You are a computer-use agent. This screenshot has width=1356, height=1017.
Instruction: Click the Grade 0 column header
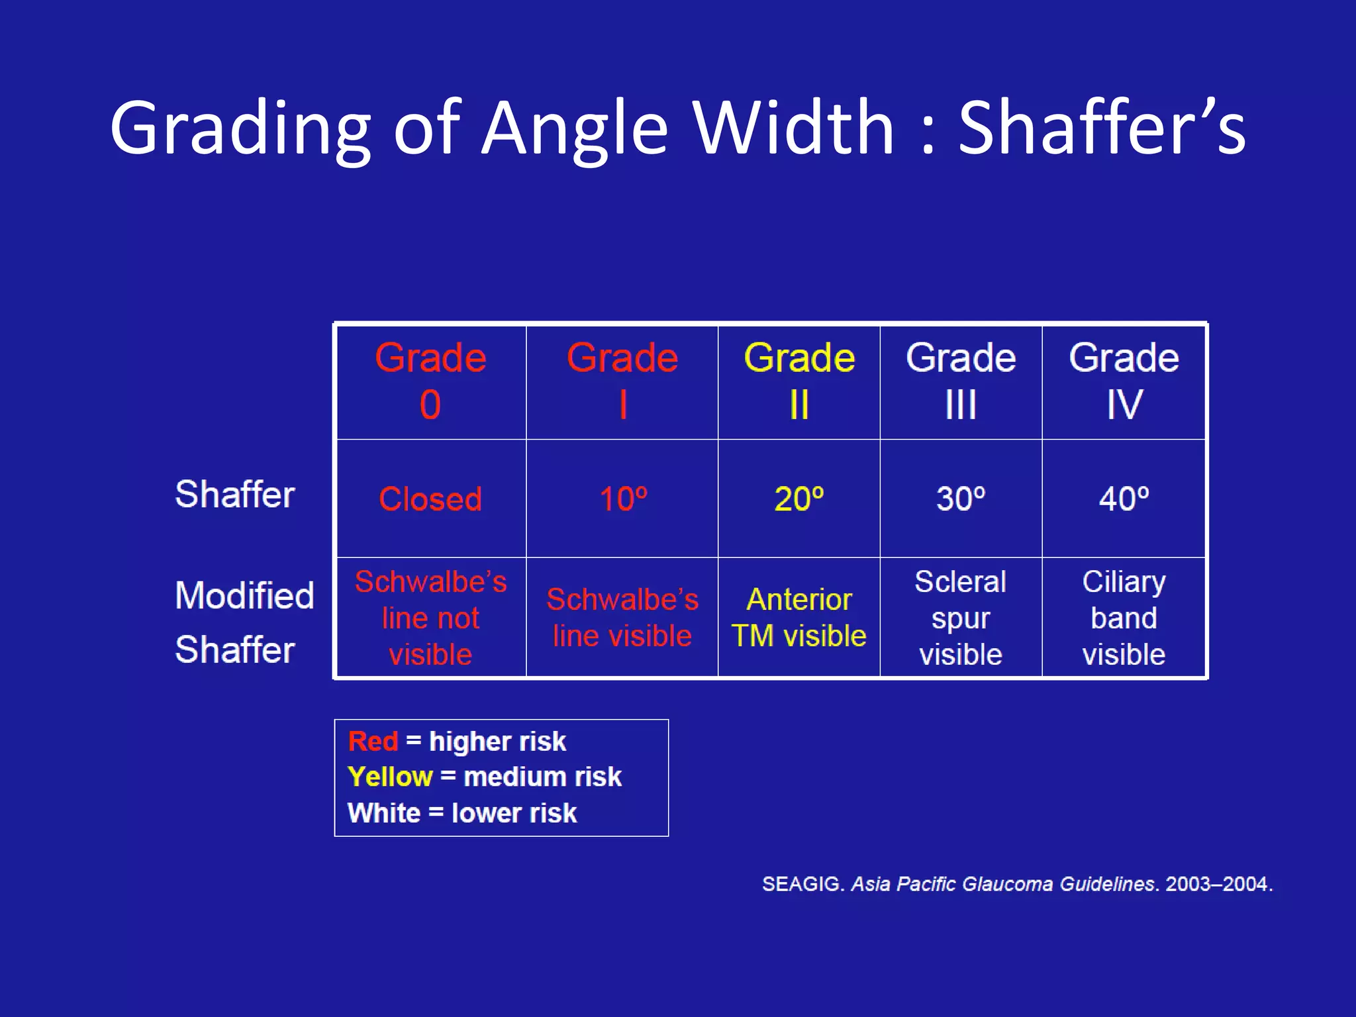click(x=430, y=381)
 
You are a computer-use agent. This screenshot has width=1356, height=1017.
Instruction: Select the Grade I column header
click(x=622, y=381)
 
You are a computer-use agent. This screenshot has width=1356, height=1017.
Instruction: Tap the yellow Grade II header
click(x=799, y=381)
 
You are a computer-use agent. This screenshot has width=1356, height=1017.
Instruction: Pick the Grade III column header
click(x=961, y=381)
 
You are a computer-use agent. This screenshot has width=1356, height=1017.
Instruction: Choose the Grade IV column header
click(x=1124, y=381)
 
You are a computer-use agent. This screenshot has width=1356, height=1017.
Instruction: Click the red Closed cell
click(x=430, y=499)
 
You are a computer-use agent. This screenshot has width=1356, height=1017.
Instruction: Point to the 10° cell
click(x=622, y=499)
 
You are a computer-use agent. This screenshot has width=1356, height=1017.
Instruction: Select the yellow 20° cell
click(x=799, y=499)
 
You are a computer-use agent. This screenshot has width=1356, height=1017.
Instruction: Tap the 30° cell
click(x=961, y=499)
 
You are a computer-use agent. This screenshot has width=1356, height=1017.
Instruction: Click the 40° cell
click(x=1124, y=499)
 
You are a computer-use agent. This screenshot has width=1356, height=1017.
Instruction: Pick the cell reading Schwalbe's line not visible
click(x=430, y=618)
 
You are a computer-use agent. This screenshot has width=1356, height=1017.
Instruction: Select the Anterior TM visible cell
click(x=799, y=618)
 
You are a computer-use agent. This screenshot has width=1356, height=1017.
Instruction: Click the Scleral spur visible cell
click(x=961, y=618)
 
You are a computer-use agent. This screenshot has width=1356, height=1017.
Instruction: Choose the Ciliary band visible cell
click(x=1124, y=618)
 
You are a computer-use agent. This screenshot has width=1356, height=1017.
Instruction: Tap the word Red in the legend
click(x=373, y=742)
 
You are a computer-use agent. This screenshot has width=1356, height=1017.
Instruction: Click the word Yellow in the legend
click(x=390, y=777)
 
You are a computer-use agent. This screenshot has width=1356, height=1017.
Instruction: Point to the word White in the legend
click(x=384, y=813)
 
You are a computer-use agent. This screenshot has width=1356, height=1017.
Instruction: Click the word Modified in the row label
click(x=244, y=595)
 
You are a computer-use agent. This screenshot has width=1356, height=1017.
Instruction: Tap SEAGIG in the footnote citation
click(x=801, y=884)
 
